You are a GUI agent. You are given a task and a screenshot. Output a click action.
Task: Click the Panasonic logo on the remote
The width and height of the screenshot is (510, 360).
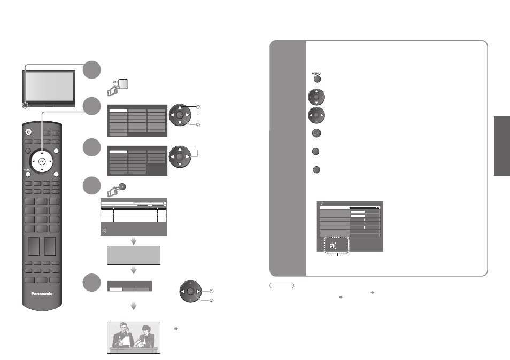[42, 294]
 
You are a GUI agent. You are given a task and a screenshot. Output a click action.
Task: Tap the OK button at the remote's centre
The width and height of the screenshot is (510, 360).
[42, 161]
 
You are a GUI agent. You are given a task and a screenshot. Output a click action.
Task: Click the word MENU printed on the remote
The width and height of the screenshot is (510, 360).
[27, 170]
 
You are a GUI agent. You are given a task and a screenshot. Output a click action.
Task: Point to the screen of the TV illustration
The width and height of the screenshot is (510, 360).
[49, 86]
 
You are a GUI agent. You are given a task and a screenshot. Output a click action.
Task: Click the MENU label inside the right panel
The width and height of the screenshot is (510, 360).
[316, 74]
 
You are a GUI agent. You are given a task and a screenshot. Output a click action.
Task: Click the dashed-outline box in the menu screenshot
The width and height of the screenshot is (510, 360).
[337, 245]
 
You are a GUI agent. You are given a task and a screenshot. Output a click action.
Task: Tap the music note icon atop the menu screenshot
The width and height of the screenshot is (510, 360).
[322, 204]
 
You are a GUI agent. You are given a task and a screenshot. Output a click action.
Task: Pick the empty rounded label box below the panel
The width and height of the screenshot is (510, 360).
[282, 285]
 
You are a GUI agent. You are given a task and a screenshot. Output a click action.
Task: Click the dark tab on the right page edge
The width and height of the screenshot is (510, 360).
[502, 146]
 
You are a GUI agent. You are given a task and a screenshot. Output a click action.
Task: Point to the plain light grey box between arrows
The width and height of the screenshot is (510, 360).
[134, 255]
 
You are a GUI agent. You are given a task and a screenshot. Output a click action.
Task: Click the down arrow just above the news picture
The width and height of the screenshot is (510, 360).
[133, 306]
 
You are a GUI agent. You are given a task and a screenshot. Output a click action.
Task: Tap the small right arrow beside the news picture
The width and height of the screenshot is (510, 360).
[176, 329]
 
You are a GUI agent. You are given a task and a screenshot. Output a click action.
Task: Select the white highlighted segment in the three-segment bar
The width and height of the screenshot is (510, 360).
[116, 289]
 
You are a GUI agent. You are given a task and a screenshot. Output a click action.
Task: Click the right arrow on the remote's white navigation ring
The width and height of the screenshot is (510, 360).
[50, 161]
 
